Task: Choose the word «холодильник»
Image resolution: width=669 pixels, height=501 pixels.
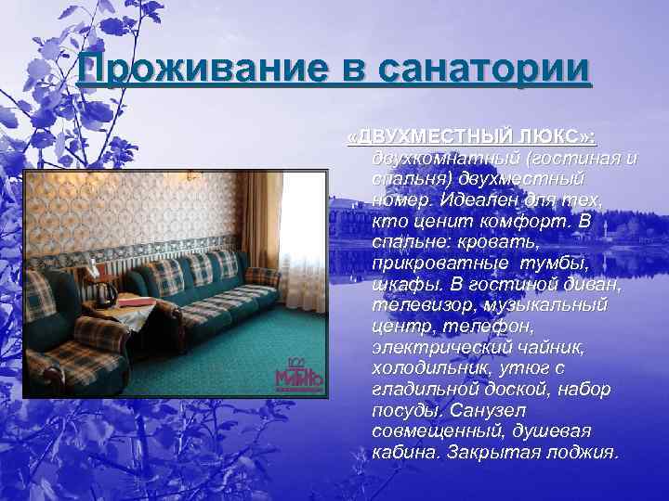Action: pyautogui.click(x=419, y=368)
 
